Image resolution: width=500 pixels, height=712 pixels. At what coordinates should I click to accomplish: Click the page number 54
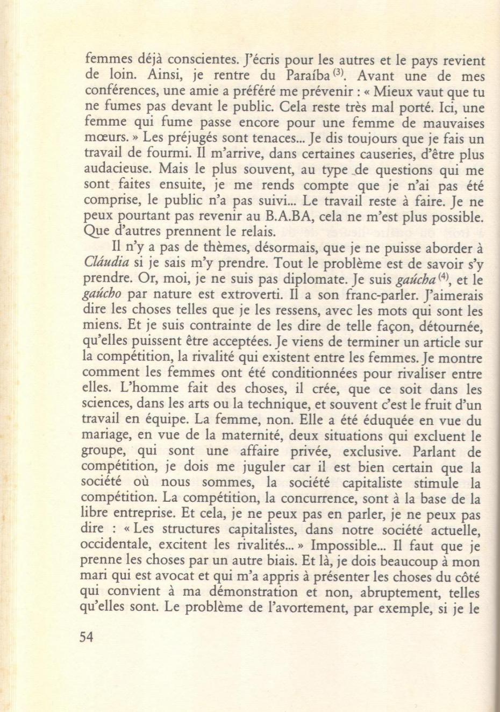[86, 637]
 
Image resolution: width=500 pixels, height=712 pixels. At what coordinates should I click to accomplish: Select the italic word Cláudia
[105, 264]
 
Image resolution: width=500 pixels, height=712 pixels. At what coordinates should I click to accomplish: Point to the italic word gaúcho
[102, 295]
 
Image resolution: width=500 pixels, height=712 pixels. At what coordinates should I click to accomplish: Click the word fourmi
[161, 155]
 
